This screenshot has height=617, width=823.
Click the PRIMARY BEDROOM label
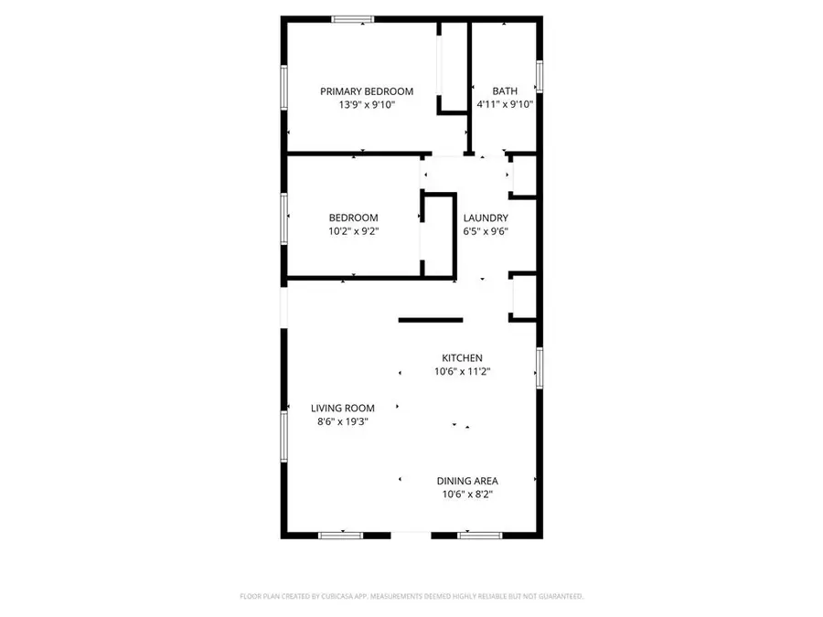coord(366,91)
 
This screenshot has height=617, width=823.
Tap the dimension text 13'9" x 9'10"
coord(366,105)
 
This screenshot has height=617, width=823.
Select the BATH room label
coord(505,91)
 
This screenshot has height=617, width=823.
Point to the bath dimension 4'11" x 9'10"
coord(505,105)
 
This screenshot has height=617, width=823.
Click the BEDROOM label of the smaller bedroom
coord(353,218)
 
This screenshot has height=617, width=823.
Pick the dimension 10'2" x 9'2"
coord(353,231)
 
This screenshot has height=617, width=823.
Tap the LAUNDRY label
coord(485,218)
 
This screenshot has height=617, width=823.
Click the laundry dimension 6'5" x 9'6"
coord(485,231)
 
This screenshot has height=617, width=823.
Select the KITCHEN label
coord(462,357)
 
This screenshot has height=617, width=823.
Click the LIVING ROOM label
coord(340,408)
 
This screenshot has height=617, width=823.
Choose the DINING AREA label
coord(466,480)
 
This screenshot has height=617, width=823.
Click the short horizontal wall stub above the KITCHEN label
coord(430,320)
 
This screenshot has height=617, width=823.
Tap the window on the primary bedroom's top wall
coord(352,18)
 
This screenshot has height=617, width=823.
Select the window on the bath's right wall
coord(540,76)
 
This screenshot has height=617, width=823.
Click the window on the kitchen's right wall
coord(540,367)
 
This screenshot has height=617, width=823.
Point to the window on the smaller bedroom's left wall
coord(284,216)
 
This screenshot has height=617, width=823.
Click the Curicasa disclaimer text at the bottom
coord(411,596)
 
